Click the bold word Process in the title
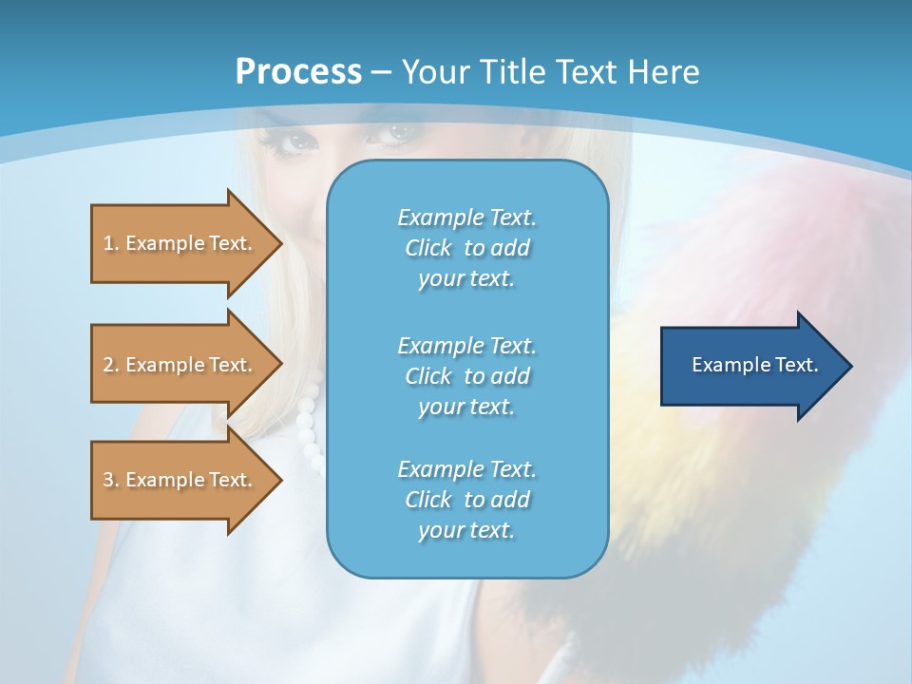point(298,71)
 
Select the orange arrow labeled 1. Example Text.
point(180,243)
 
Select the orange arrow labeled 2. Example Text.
point(180,365)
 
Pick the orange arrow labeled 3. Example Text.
point(180,480)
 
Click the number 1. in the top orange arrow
point(110,243)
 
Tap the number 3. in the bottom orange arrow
point(110,480)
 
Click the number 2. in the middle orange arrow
point(110,365)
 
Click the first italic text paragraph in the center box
point(466,248)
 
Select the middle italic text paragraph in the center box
point(466,375)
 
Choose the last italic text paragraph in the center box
point(466,500)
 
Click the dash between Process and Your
point(381,72)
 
